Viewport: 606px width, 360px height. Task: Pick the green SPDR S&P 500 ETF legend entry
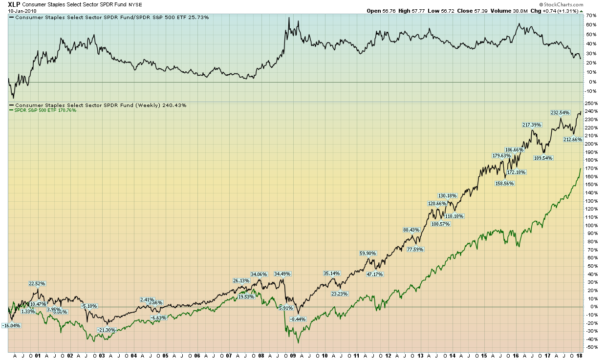43,110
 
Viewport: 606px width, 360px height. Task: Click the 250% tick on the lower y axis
591,103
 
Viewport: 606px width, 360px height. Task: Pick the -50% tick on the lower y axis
591,347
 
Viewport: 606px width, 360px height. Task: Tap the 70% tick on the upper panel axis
591,16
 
